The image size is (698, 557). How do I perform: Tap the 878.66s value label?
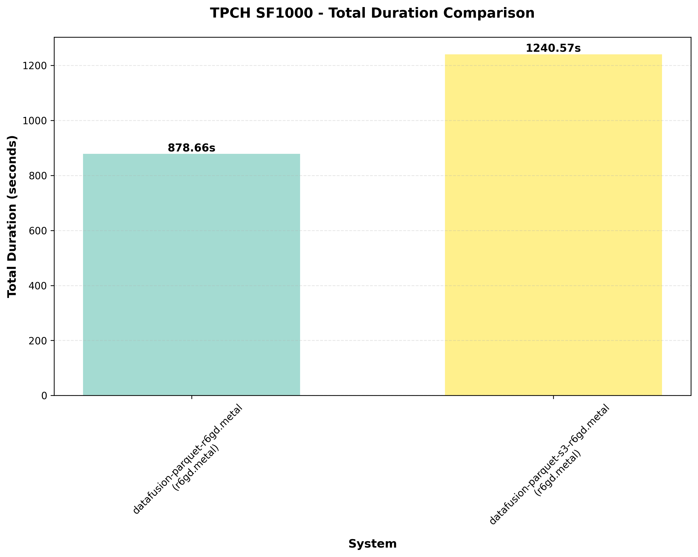coord(191,148)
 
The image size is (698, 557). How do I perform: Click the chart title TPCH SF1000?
coord(372,13)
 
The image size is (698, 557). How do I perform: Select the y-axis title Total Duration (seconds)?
coord(12,216)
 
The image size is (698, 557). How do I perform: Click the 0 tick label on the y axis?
coord(44,396)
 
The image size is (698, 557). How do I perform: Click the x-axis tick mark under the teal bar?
coord(192,397)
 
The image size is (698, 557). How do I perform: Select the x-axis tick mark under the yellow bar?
coord(553,397)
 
